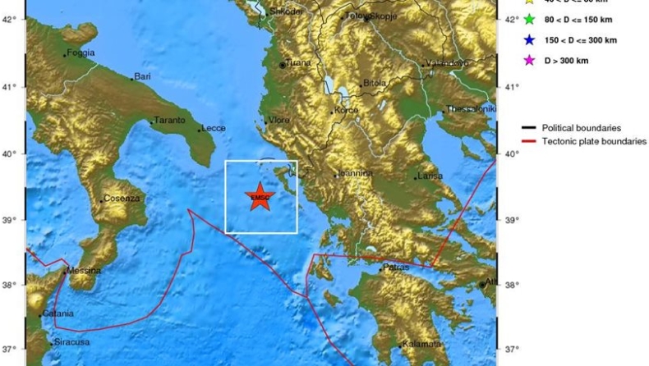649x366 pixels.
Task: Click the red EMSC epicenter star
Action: (x=260, y=196)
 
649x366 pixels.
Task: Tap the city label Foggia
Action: (x=81, y=53)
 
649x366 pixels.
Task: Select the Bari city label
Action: (x=143, y=77)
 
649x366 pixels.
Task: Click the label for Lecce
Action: (x=213, y=128)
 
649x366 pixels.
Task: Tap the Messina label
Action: (x=85, y=271)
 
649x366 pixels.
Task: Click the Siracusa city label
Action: (x=70, y=342)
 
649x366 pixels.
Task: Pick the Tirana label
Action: (x=297, y=64)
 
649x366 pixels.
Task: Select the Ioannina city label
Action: (x=356, y=174)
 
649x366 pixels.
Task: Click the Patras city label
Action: (x=396, y=268)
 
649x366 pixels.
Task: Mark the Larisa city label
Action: (x=430, y=176)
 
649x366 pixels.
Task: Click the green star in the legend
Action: (x=530, y=20)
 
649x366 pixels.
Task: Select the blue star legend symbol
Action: (x=530, y=39)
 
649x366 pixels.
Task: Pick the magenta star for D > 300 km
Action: (x=530, y=60)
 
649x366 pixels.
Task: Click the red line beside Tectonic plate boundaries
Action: (x=529, y=142)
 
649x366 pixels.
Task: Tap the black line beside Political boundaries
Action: (x=529, y=128)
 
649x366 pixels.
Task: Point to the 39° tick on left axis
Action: (x=9, y=221)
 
